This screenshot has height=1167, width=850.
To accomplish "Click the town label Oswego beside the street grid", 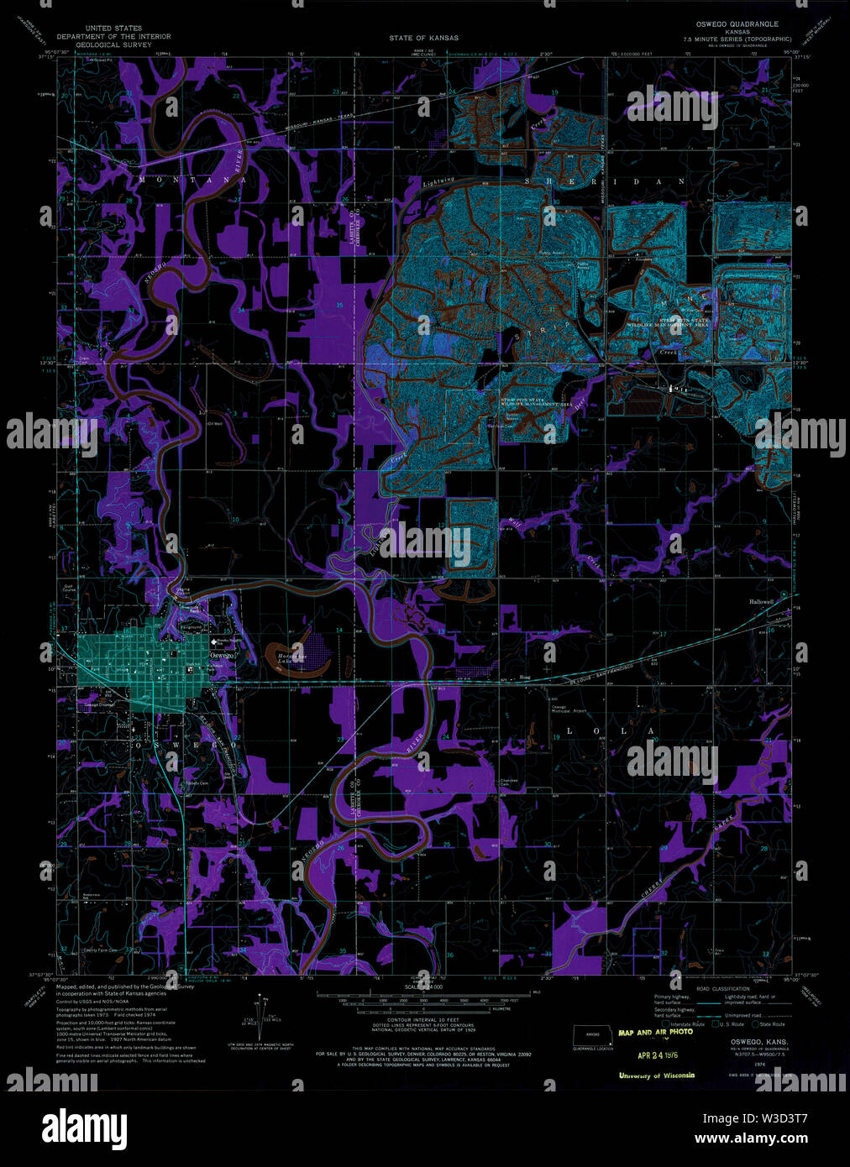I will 221,654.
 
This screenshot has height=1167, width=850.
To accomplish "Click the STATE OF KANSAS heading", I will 423,38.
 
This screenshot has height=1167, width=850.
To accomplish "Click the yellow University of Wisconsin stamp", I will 656,1075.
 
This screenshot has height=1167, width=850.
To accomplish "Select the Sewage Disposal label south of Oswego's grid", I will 99,705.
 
